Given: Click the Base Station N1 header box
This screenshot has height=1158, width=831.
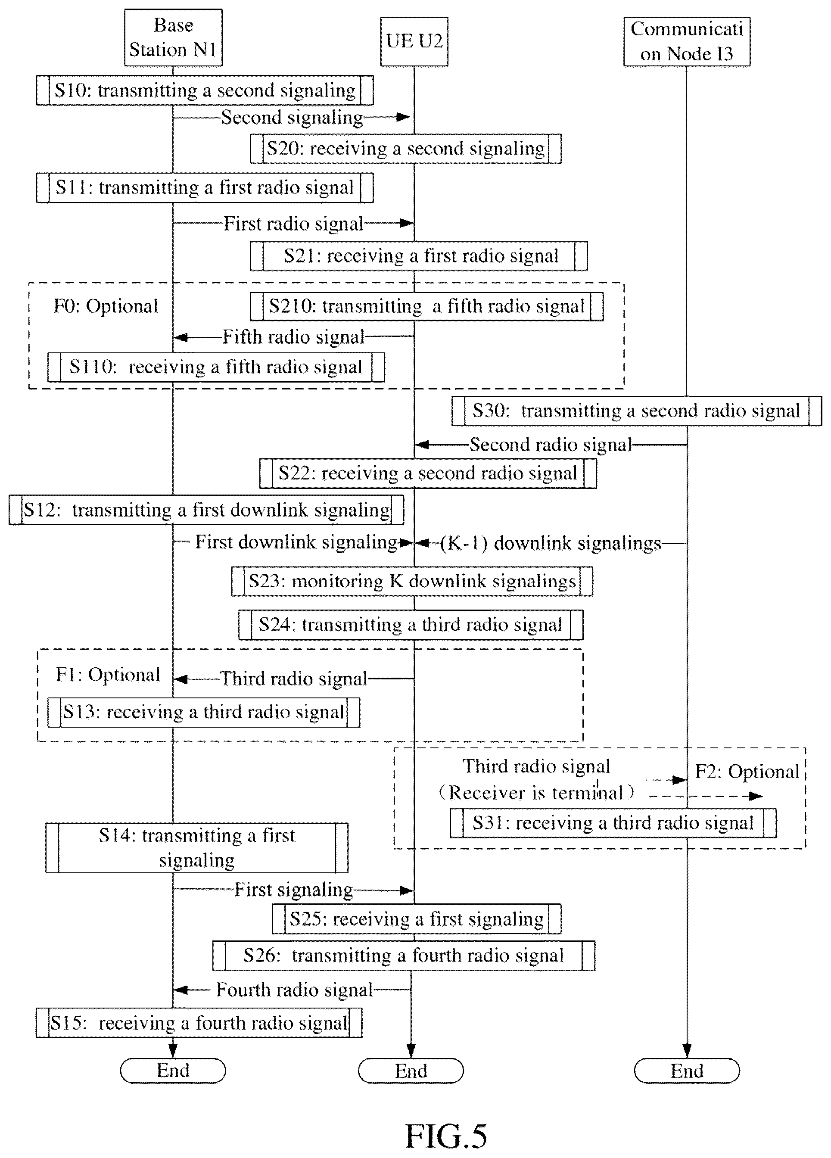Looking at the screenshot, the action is tap(173, 37).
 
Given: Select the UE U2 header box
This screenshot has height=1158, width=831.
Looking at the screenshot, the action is tap(414, 41).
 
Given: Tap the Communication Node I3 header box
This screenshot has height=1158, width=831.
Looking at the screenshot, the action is tap(687, 41).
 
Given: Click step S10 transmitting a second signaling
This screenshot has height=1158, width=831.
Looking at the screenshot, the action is tap(205, 90).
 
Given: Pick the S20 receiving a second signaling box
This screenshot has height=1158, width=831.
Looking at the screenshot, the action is tap(406, 149).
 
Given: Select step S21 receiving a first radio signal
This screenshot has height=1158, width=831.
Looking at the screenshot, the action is tap(419, 256).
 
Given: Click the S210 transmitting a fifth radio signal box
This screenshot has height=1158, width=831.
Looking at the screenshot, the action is tap(427, 306).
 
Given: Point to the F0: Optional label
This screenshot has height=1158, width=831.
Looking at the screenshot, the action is tap(106, 306).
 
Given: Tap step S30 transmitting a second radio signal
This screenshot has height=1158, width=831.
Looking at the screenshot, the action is tap(637, 411).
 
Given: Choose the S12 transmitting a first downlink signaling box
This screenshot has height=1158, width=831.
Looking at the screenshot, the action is tap(206, 510).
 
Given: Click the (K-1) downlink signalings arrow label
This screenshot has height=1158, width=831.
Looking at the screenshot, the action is tap(551, 543).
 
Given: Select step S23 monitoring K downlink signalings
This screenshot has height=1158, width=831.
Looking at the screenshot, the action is tap(412, 581).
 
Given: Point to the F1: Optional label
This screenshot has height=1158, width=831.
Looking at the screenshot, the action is tap(108, 675).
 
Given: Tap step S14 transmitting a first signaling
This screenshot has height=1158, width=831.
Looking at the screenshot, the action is tap(197, 847).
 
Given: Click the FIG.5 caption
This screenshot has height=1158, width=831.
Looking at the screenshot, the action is tap(446, 1136).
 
